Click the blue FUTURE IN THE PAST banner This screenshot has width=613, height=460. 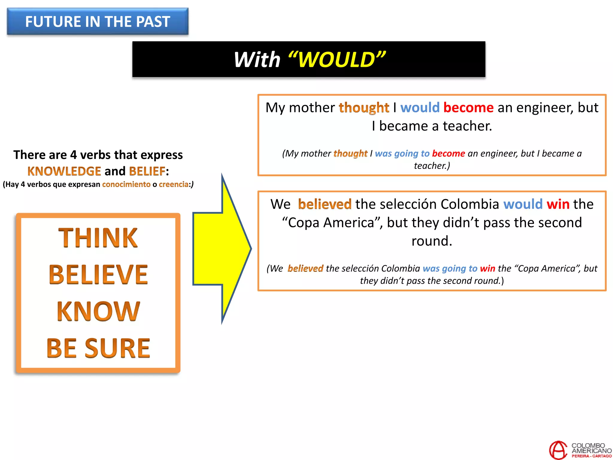point(98,22)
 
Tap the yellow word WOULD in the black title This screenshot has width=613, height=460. point(337,60)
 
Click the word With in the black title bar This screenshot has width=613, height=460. point(257,60)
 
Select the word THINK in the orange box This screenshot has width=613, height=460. point(98,238)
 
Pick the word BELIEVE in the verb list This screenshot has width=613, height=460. point(98,275)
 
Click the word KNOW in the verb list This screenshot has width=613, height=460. point(98,311)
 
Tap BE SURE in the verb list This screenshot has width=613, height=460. point(98,348)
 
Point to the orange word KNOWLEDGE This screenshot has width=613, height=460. point(64,171)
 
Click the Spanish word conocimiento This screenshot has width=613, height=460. point(126,184)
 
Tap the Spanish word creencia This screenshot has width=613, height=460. point(174,184)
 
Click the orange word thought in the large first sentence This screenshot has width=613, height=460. point(364,108)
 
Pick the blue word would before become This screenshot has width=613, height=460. point(420,108)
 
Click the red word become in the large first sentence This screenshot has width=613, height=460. point(468,108)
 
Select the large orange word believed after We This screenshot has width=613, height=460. point(324,204)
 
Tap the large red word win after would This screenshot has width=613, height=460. point(558,204)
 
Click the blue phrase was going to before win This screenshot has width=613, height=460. point(450,268)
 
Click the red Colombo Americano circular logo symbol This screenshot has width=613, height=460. point(558,450)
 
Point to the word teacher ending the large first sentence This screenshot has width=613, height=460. point(467,126)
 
